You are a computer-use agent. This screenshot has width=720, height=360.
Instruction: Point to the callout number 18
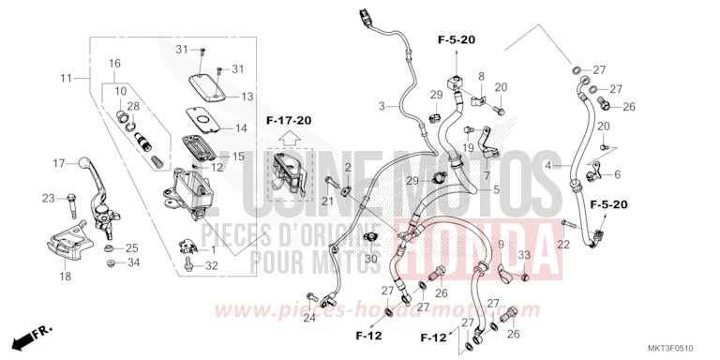tap(65, 277)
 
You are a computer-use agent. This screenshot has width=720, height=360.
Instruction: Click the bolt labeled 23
tap(71, 199)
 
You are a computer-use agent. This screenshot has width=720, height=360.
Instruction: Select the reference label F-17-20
tap(289, 120)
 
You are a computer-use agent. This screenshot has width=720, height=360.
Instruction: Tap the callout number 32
tap(212, 266)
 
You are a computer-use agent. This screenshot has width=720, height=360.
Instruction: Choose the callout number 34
tap(133, 262)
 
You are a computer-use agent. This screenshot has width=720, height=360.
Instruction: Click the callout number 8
tap(481, 76)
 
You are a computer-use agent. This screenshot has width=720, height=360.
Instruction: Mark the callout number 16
tap(114, 63)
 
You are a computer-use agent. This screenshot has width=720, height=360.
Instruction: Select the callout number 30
tap(371, 258)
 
